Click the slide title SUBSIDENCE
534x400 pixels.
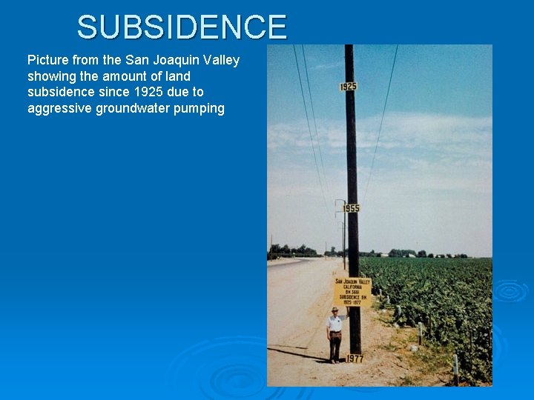(182, 27)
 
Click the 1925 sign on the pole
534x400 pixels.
(348, 87)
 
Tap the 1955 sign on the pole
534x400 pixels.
(351, 208)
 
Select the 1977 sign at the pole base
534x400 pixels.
(355, 359)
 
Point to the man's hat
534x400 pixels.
(335, 309)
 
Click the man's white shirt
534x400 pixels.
(335, 323)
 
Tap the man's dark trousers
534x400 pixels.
(335, 345)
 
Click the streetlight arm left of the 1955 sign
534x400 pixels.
(339, 201)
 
